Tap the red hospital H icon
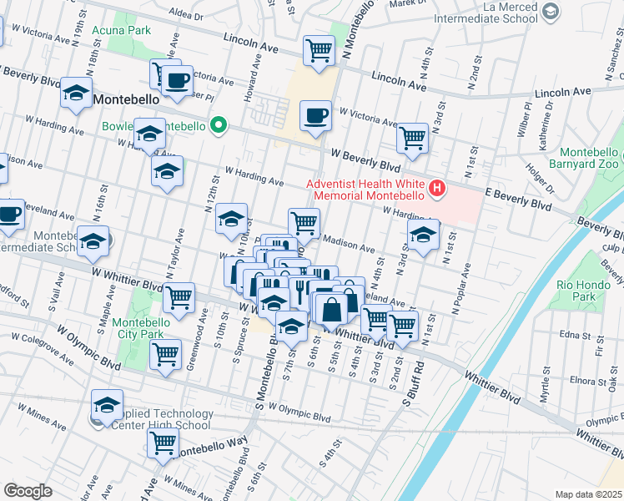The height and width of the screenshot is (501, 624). (x=435, y=190)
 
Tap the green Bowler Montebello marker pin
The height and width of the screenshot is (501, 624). (x=219, y=126)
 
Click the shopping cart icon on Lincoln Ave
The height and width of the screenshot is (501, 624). (x=319, y=51)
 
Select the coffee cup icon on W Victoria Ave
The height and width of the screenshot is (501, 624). (x=315, y=116)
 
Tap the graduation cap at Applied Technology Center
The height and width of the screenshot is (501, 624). (x=107, y=405)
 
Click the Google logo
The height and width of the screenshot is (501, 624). (x=28, y=491)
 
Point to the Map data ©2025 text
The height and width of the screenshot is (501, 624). (x=588, y=494)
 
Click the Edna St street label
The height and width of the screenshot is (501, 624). (x=575, y=334)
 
